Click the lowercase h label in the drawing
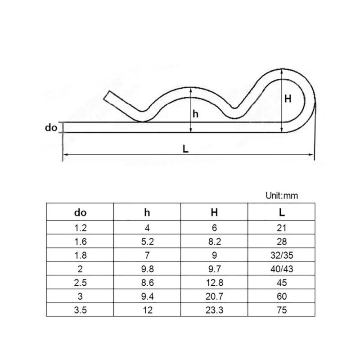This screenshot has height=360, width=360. [x=195, y=114]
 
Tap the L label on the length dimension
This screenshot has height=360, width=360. [x=186, y=149]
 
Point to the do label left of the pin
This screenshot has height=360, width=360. [x=51, y=128]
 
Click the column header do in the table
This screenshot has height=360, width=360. [x=80, y=212]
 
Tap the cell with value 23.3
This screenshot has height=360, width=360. [x=215, y=310]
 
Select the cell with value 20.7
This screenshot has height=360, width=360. [x=215, y=297]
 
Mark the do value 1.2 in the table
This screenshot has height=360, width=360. [x=80, y=228]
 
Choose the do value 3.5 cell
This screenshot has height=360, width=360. [x=80, y=310]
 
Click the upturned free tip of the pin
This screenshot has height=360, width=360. [x=110, y=96]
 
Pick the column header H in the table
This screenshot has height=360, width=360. [x=215, y=212]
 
